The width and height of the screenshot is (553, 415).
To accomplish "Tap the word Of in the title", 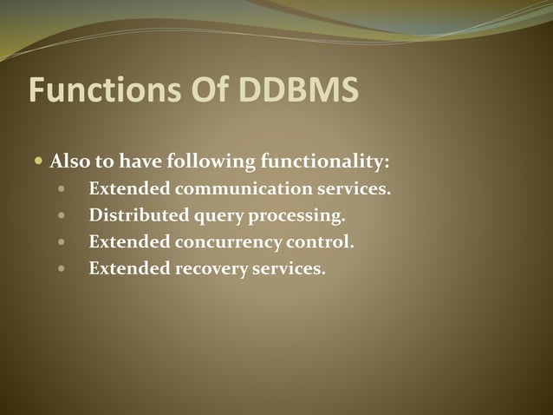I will pyautogui.click(x=200, y=90).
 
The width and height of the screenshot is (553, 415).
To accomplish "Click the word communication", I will pyautogui.click(x=241, y=188).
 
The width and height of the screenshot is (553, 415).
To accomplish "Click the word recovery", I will pyautogui.click(x=211, y=269).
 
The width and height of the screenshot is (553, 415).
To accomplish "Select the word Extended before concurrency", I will pyautogui.click(x=128, y=241).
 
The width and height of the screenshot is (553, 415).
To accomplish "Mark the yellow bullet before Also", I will pyautogui.click(x=38, y=161).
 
